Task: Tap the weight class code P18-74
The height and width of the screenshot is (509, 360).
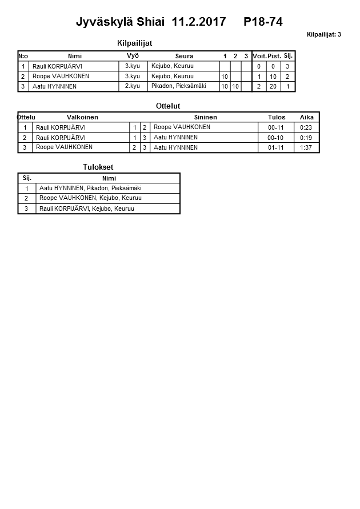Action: (263, 22)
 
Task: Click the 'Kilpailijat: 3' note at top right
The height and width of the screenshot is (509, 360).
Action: (323, 34)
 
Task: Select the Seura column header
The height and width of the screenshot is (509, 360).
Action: (184, 56)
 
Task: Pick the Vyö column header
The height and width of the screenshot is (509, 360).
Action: (133, 56)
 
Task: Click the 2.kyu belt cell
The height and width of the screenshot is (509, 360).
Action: (133, 86)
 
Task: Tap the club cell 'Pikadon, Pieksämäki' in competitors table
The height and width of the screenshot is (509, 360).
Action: (178, 86)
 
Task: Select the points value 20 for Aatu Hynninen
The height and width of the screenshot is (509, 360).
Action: (273, 87)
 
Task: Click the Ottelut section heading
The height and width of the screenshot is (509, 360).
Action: (168, 106)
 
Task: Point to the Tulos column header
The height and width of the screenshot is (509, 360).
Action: (277, 117)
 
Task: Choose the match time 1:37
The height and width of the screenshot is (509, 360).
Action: (306, 147)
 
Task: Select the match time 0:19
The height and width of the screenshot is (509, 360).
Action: (306, 138)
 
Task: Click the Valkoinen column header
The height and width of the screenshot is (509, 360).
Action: (82, 117)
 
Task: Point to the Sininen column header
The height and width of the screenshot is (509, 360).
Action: (205, 117)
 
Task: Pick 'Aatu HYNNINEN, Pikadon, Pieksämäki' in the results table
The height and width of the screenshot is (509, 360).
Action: (90, 188)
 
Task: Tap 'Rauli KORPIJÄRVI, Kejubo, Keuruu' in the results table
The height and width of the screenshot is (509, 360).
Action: (87, 209)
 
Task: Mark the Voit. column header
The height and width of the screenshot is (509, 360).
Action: (259, 56)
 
